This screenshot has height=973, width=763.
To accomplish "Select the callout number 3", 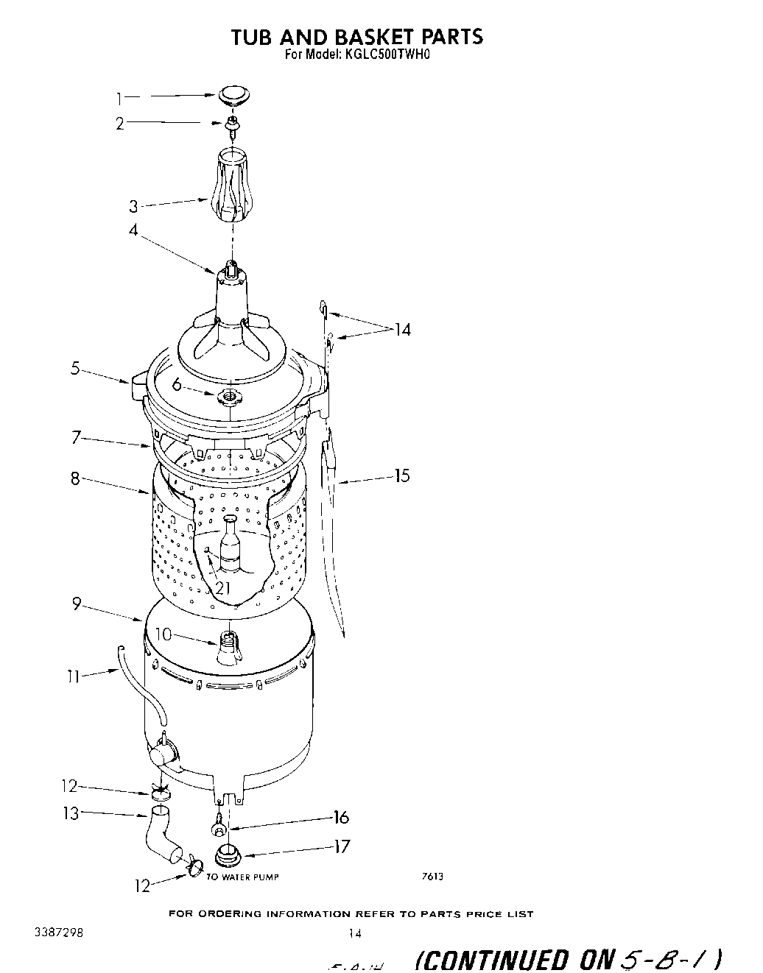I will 134,207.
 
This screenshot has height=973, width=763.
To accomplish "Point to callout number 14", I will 402,330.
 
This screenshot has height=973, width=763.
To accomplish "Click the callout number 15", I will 401,475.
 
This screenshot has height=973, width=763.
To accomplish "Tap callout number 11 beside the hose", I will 72,675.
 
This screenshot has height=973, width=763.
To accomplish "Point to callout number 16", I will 341,817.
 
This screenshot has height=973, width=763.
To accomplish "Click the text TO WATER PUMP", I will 242,877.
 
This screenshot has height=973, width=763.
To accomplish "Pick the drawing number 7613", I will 432,876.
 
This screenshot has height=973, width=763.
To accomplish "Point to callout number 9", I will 77,604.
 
